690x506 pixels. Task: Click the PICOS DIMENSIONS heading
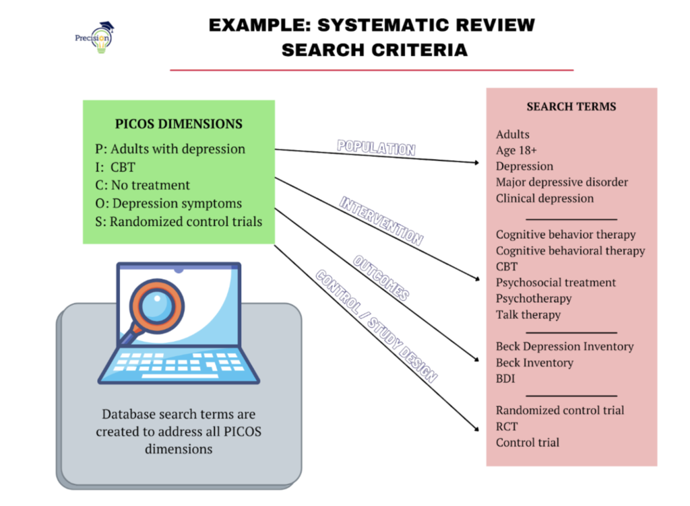[x=179, y=124]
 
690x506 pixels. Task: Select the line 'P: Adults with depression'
[x=170, y=149]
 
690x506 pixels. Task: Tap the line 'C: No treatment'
[x=142, y=185]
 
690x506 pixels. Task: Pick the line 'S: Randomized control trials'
[x=178, y=221]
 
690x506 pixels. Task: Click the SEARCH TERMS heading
[x=571, y=107]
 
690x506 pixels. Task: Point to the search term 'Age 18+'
[x=516, y=150]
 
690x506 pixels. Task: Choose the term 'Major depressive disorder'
[x=561, y=182]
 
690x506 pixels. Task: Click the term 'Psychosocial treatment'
[x=556, y=283]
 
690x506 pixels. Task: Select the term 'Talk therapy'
[x=528, y=314]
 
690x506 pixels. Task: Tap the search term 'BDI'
[x=505, y=379]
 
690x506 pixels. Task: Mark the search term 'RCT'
[x=507, y=427]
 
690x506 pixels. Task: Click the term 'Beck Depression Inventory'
[x=565, y=347]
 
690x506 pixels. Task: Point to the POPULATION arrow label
[x=376, y=147]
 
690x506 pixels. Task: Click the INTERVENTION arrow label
[x=381, y=221]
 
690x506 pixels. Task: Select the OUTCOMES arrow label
[x=381, y=278]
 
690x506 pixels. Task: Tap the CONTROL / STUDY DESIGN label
[x=377, y=326]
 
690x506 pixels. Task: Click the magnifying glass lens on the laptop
[x=156, y=305]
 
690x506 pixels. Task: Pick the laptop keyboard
[x=178, y=365]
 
